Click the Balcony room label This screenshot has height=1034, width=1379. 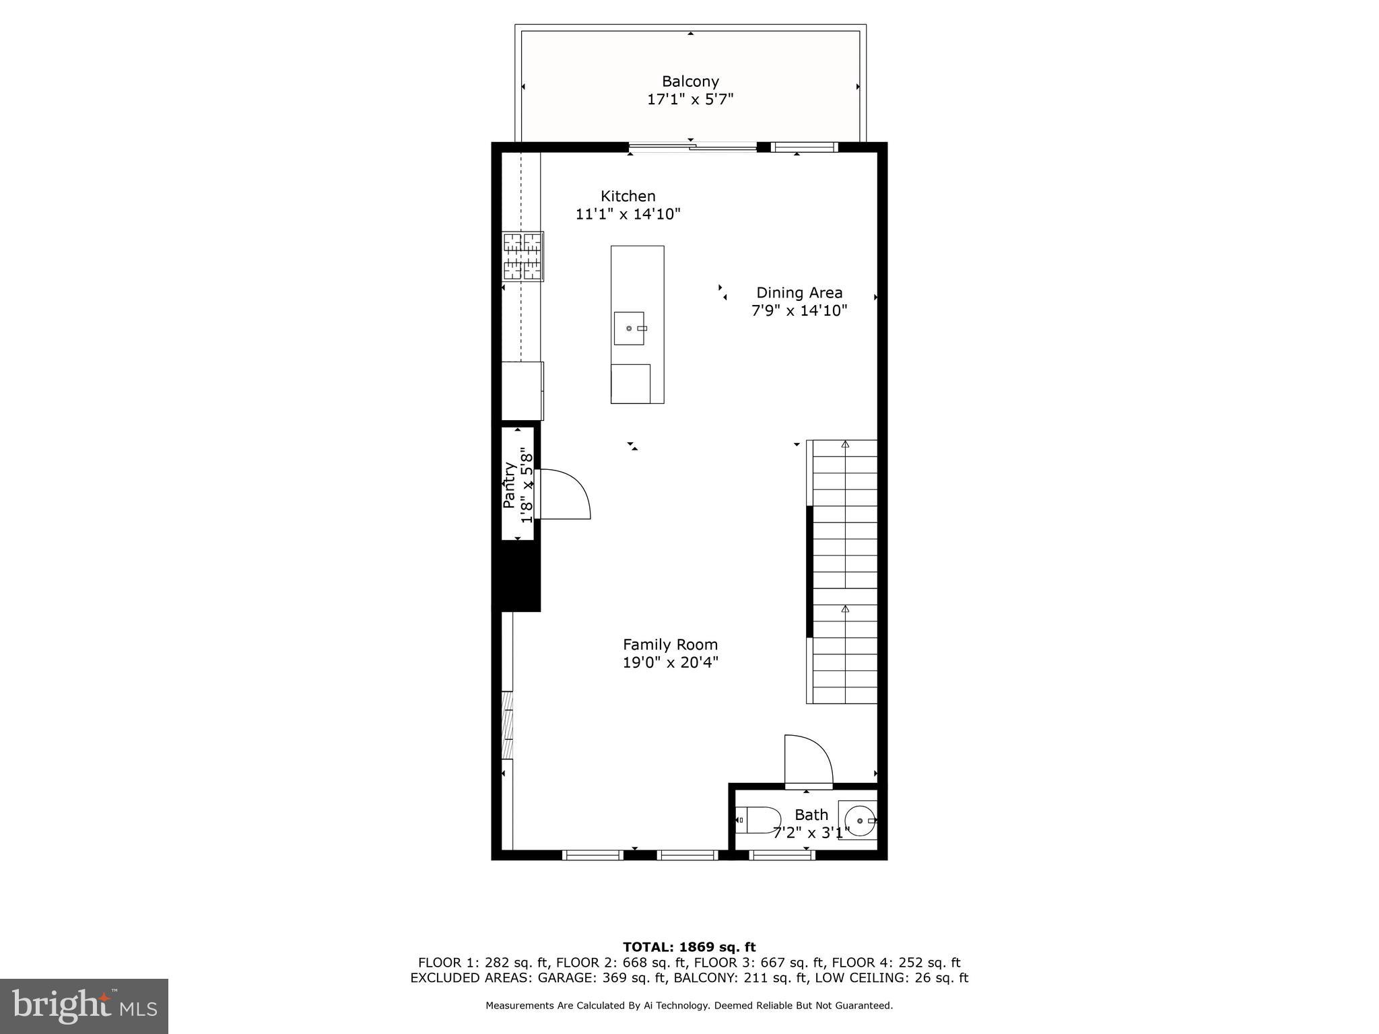tap(690, 81)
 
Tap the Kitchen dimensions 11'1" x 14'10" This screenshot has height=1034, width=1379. tap(628, 214)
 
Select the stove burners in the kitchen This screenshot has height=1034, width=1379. tap(523, 256)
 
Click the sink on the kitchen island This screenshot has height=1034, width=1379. tap(629, 329)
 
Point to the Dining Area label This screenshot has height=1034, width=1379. tap(799, 293)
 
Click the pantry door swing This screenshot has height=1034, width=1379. tap(565, 494)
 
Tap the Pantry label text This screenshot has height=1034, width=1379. tap(510, 485)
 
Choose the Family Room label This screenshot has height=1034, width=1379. tap(670, 644)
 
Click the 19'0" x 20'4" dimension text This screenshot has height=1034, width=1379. tap(670, 662)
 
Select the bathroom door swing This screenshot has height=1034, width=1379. tap(809, 761)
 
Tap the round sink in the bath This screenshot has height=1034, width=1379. tap(859, 821)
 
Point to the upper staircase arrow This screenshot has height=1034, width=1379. tap(845, 444)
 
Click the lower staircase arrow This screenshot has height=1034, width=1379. tap(845, 609)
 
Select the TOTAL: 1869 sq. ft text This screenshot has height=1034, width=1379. tap(689, 947)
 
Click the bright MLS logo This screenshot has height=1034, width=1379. tap(84, 1006)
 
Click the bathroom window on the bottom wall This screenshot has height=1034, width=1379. tap(782, 855)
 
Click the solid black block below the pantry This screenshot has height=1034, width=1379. tap(516, 576)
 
